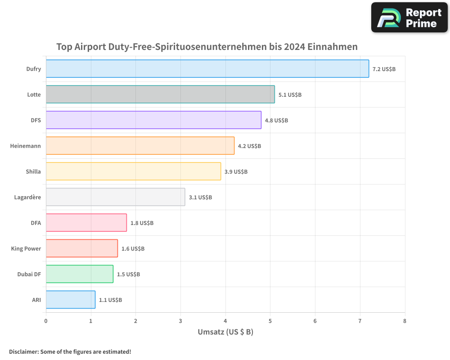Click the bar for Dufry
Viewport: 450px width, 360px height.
207,69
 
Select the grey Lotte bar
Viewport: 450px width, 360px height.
160,94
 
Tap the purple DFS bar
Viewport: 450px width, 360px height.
153,120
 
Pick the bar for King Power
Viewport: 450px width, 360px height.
81,248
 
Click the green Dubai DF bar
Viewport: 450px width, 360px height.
79,274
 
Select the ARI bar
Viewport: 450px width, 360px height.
70,300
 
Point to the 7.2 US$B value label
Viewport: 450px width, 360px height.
384,69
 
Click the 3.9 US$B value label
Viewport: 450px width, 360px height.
236,172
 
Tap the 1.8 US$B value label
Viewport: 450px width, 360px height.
142,223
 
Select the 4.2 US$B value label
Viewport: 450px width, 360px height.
249,146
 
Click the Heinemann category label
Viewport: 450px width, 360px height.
26,146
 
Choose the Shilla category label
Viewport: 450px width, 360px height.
33,171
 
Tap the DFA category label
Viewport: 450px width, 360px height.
36,223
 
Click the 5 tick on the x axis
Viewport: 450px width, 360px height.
270,321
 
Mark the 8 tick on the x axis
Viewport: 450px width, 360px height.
405,321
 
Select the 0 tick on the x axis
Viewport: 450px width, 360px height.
46,321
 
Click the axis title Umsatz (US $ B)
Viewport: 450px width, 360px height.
225,332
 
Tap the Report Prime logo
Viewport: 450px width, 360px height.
409,18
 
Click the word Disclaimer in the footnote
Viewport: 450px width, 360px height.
23,351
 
